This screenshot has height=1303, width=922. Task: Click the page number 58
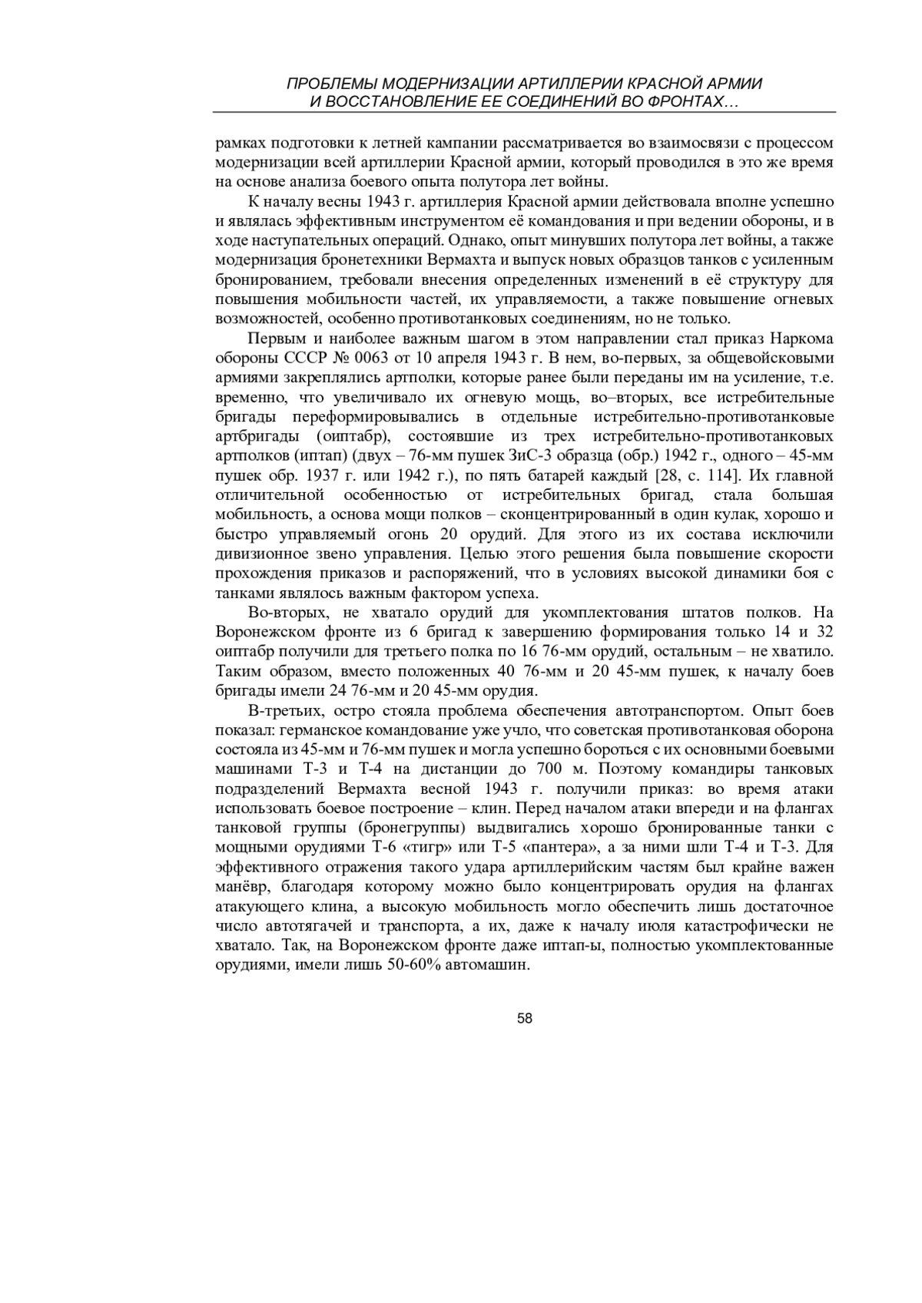(526, 1018)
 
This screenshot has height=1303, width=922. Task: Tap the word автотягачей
(310, 926)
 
